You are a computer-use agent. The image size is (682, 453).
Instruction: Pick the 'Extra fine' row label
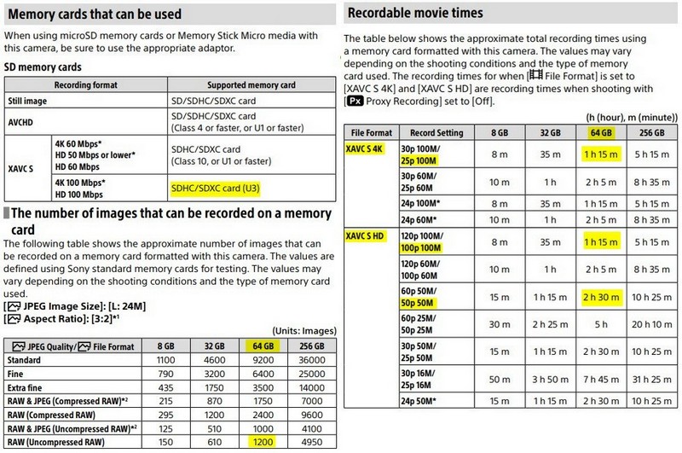(x=26, y=387)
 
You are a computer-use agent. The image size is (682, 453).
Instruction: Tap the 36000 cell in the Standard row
(x=309, y=361)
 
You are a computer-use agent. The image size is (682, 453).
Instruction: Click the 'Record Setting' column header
(x=436, y=132)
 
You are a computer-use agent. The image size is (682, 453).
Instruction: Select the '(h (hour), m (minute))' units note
(x=632, y=115)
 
